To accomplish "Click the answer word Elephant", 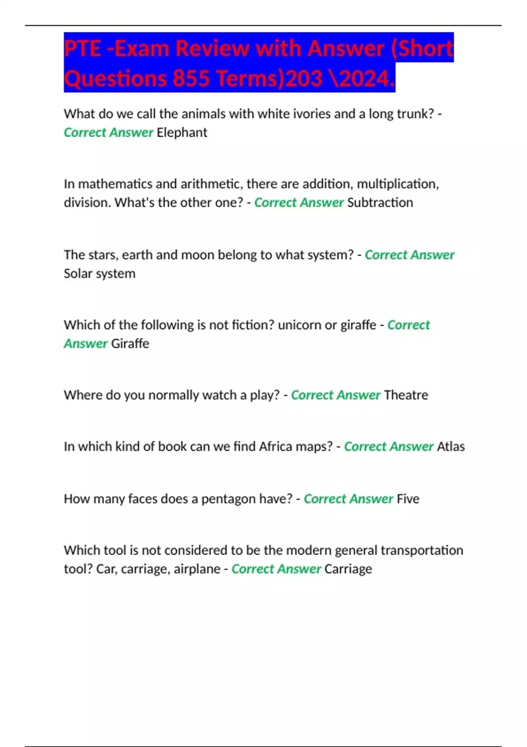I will coord(182,132).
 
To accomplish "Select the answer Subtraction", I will coord(380,203).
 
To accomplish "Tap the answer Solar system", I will coord(100,273).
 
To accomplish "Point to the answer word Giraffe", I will coord(130,343).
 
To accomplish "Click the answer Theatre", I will coord(406,395).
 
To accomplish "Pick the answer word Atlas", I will coord(451,446).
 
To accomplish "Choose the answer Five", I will coord(408,499).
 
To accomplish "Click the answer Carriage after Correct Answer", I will coord(348,569).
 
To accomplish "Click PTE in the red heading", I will coord(83,48).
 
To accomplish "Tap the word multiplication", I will coord(397,184).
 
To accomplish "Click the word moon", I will coord(197,255).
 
